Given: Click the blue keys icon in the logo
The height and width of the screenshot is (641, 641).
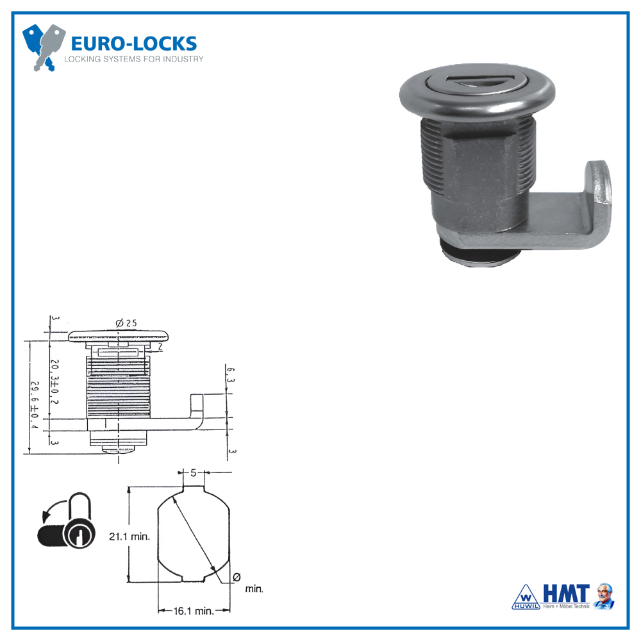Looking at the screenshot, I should click(x=43, y=46).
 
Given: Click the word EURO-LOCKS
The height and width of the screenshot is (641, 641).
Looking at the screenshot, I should click(x=133, y=44).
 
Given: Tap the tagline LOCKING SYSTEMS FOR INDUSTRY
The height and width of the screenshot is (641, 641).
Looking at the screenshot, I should click(x=133, y=59).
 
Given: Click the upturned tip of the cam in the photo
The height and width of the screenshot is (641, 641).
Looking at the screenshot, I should click(x=597, y=186).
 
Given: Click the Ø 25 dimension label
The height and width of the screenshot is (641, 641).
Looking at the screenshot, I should click(x=127, y=323).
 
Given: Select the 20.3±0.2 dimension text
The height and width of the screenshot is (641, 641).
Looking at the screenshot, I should click(x=54, y=381).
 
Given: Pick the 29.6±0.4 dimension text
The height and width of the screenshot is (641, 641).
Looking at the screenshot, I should click(x=35, y=405).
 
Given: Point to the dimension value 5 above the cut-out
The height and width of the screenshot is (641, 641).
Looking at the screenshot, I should click(x=193, y=473).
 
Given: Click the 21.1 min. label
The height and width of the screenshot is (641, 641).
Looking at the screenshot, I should click(x=129, y=537).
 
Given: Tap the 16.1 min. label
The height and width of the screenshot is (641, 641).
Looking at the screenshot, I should click(x=194, y=611).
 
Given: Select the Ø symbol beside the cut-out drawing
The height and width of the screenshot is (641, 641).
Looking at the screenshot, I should click(x=237, y=577).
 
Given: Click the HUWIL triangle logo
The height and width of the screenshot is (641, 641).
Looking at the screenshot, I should click(x=525, y=596).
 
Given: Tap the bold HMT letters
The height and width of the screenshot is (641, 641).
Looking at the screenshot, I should click(x=565, y=594).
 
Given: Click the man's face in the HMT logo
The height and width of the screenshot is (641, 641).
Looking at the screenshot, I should click(x=604, y=594).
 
